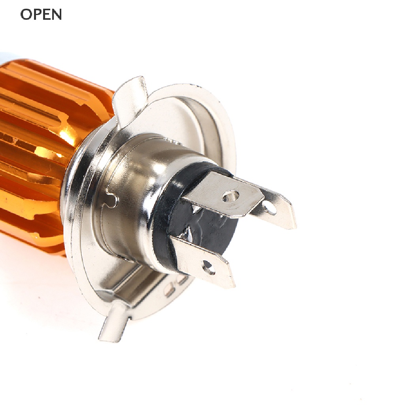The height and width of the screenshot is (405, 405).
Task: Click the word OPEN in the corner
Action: pos(41,15)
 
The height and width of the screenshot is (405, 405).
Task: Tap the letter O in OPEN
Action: pos(26,15)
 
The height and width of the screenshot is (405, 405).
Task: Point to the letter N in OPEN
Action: pos(57,15)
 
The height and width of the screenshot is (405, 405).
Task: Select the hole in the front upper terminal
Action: pos(230,196)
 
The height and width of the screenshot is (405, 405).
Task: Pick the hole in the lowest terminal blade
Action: pos(208,267)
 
